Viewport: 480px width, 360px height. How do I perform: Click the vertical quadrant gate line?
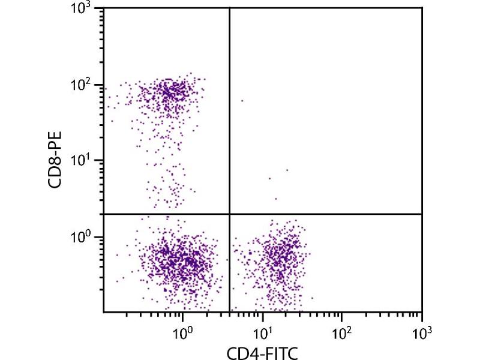click(230, 120)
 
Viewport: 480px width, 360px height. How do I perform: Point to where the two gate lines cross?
click(230, 214)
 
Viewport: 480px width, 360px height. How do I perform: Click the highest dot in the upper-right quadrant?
click(242, 101)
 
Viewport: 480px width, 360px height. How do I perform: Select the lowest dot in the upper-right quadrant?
click(276, 199)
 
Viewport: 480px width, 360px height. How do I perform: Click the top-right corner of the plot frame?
click(422, 8)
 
